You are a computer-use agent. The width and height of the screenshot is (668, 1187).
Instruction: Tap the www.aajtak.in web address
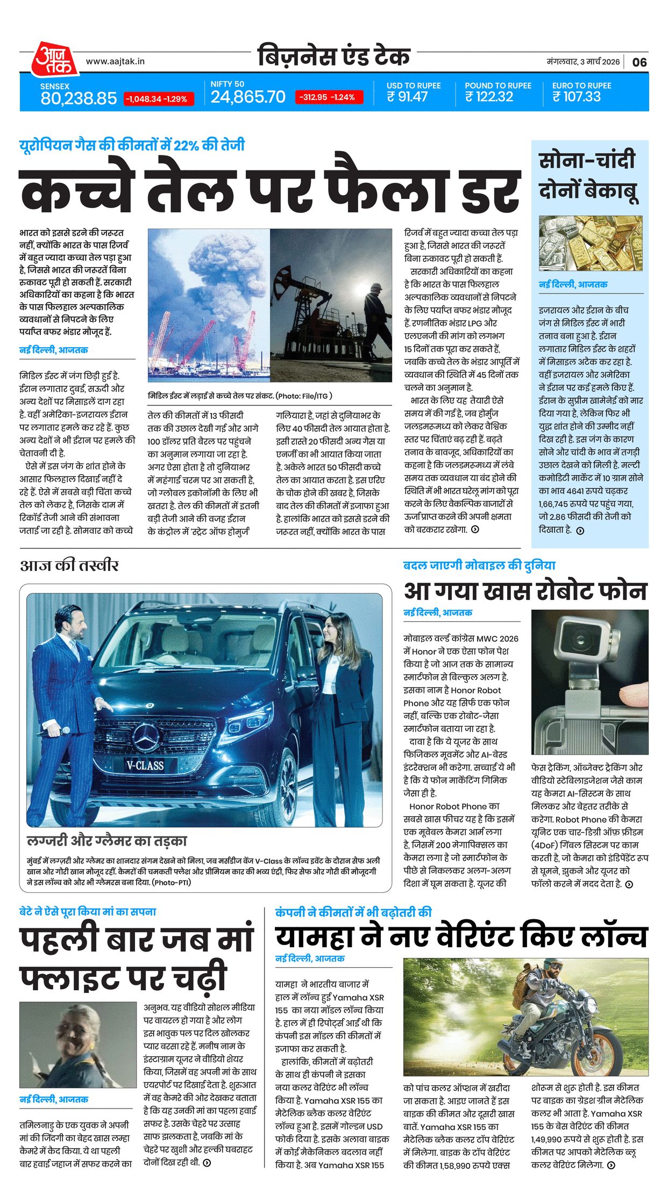[x=115, y=61]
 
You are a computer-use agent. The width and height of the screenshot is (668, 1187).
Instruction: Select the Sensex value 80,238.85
[x=79, y=98]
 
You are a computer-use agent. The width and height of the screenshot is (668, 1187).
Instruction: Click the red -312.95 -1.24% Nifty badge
[x=328, y=97]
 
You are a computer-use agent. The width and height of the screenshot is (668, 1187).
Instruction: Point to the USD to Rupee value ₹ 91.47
[x=407, y=97]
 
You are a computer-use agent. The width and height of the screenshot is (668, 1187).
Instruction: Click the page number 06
[x=639, y=62]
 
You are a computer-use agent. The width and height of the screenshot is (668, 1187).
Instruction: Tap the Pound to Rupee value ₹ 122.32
[x=489, y=97]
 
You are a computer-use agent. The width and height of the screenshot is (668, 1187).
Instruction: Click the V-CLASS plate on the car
[x=145, y=766]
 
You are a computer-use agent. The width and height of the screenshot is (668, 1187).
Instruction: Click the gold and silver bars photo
[x=590, y=243]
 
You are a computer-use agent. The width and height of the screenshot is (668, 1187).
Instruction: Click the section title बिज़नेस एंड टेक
[x=333, y=57]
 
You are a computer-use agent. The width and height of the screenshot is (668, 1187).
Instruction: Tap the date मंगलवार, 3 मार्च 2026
[x=583, y=62]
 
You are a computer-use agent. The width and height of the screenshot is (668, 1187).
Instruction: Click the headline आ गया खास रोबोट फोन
[x=525, y=591]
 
